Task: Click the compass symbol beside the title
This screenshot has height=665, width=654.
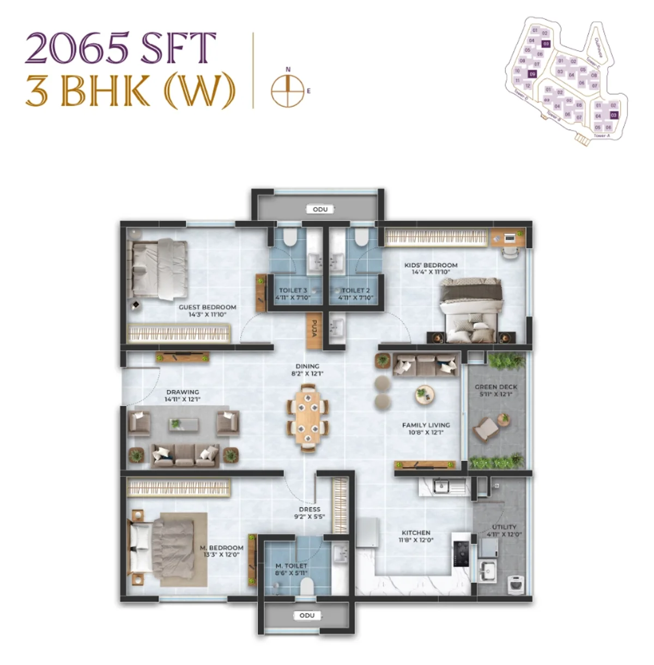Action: [287, 90]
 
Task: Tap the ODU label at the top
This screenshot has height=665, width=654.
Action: [320, 209]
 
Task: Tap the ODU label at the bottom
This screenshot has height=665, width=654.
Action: [307, 615]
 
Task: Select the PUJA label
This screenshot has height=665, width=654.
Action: [314, 329]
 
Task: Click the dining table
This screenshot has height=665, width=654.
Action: [308, 417]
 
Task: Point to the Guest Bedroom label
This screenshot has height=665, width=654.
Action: [208, 307]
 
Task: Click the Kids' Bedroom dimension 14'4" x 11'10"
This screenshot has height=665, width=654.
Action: [431, 272]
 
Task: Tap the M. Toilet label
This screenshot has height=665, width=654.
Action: [291, 566]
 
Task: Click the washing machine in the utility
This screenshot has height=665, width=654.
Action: [516, 584]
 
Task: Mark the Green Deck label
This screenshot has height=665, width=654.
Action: [496, 387]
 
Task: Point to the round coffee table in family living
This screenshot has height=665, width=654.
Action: [424, 393]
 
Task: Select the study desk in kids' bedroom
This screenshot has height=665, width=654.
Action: [509, 238]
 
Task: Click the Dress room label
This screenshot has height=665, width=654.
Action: [310, 509]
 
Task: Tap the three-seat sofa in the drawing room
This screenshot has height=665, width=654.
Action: [185, 455]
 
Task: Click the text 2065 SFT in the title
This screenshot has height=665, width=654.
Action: [120, 48]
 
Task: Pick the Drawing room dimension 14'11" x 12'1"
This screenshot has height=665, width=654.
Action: [183, 399]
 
